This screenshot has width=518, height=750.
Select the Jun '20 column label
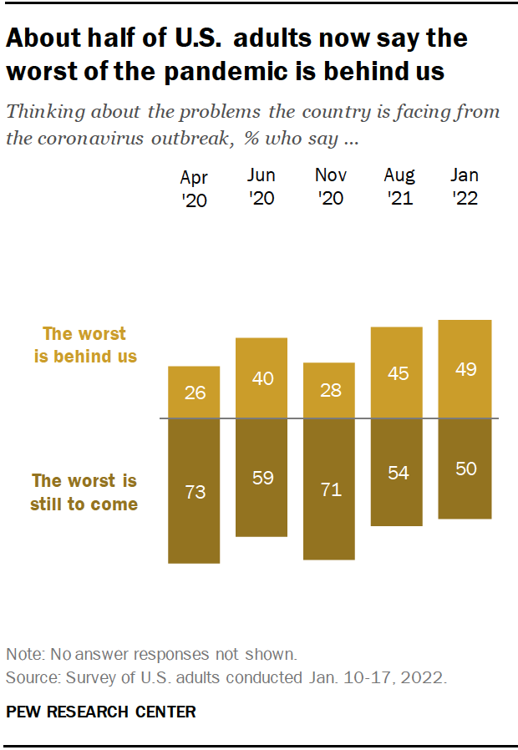tap(262, 186)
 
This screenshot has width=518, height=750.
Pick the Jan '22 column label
tap(465, 186)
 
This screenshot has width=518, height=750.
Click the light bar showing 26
tap(194, 392)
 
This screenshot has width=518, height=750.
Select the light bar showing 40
tap(262, 378)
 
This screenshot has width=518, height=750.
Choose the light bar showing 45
tap(397, 372)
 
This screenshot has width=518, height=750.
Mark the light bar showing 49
tap(465, 368)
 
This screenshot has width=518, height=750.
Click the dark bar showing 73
tap(194, 490)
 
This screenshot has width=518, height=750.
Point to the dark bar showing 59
tap(262, 477)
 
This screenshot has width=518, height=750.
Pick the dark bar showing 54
tap(397, 472)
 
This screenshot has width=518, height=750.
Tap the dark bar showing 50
tap(465, 469)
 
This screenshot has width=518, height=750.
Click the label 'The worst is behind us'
tap(85, 345)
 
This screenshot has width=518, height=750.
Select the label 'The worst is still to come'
tap(84, 492)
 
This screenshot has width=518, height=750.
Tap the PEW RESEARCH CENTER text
tap(101, 712)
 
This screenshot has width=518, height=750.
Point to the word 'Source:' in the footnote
tap(28, 677)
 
